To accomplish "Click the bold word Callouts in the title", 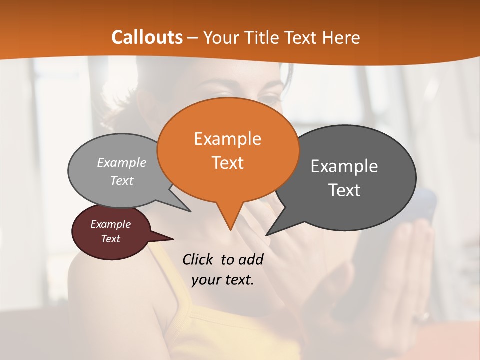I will point(147,37).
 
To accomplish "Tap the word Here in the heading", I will point(341,37).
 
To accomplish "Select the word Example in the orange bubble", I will point(227,139).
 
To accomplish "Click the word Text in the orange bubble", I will point(227,163).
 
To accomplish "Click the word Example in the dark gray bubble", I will point(344,166).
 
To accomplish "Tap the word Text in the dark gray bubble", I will point(344,190).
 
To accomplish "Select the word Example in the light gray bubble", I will point(122,163).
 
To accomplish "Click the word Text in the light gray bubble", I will point(122,181).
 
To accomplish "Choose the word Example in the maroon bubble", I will point(110,224).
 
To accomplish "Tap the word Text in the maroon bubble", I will point(110,239).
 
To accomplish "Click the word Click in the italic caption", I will point(199,259).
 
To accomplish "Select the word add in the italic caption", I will point(250,259).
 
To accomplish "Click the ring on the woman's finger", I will point(425,316).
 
